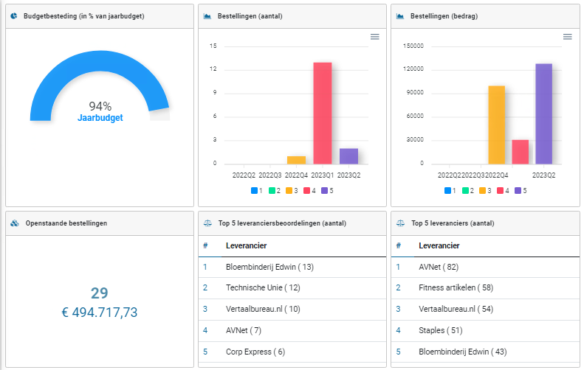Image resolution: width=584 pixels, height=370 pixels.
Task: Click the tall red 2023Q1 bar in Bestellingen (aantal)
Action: pos(323,113)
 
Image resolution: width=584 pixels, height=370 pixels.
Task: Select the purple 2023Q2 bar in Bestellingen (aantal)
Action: pos(348,156)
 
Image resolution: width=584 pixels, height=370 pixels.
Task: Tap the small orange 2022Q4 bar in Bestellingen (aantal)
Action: pos(296,160)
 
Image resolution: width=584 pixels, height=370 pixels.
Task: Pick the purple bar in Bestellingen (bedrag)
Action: pos(544,114)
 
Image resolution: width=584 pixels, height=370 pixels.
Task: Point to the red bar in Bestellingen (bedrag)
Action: pos(521,152)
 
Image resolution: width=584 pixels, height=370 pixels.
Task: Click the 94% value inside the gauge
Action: pos(100,106)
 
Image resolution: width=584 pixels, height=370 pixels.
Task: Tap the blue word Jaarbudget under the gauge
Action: pos(100,118)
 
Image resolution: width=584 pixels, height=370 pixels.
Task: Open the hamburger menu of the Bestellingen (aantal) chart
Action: pos(374,37)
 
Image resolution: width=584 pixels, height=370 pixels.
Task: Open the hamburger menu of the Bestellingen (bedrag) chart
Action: pos(567,37)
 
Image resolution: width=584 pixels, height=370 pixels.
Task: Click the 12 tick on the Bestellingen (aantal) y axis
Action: pos(213,69)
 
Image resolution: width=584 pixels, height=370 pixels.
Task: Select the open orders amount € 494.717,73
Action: pos(100,313)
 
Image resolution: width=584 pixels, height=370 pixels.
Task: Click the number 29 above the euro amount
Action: pos(100,293)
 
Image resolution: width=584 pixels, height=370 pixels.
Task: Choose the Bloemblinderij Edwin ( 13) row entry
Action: pos(269,267)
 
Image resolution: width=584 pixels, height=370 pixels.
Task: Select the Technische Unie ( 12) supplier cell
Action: pos(263,288)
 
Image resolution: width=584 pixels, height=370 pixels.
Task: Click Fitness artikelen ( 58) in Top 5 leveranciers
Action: pos(455,288)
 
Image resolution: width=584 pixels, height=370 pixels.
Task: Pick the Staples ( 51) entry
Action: pos(441,330)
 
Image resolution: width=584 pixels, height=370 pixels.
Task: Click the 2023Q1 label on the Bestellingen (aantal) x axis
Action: pos(323,175)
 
